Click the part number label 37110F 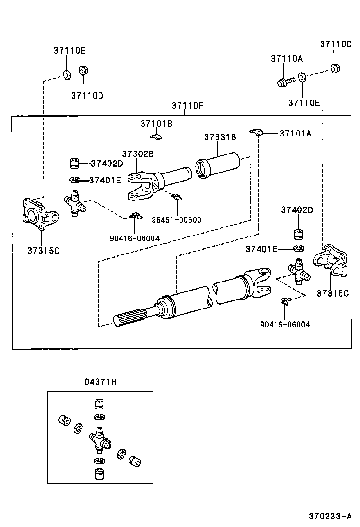(x=188, y=105)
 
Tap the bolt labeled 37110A (x=284, y=82)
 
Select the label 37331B (x=220, y=137)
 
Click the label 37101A (x=295, y=134)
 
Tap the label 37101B (x=156, y=124)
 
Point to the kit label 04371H (x=100, y=382)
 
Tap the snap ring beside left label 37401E (x=72, y=180)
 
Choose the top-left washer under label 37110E (x=67, y=73)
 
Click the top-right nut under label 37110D (x=335, y=68)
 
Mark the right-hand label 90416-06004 (x=285, y=324)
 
